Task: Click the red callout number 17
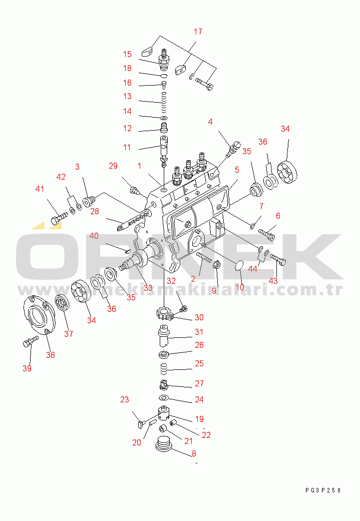pos(198,32)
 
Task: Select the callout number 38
pos(51,355)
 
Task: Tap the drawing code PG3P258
pos(323,490)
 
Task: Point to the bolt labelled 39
pos(30,341)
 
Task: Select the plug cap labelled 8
pos(164,444)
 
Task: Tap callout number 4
pos(210,122)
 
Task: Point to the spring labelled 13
pos(164,102)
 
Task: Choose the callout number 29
pos(113,166)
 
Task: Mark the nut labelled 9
pos(216,265)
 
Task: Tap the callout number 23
pos(124,399)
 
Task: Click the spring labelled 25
pos(163,368)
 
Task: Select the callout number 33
pos(148,288)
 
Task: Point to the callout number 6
pos(278,216)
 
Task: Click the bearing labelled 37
pos(62,303)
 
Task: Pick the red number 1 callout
pos(139,166)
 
